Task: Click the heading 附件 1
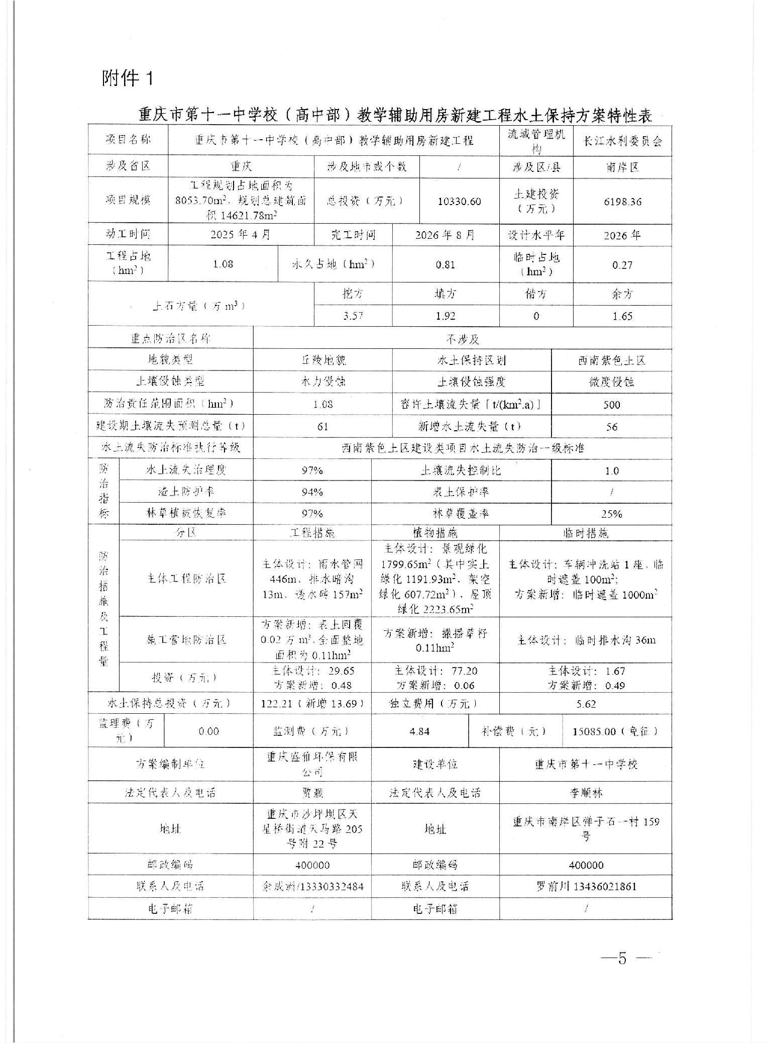click(127, 78)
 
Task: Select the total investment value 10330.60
click(459, 202)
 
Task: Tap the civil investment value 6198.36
click(622, 202)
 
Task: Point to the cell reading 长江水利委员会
click(622, 141)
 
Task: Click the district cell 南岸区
click(622, 167)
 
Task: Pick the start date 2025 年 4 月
click(241, 235)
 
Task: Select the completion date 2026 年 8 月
click(445, 235)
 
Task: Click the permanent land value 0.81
click(446, 265)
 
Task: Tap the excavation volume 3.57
click(353, 316)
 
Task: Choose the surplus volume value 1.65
click(622, 316)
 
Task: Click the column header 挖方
click(353, 294)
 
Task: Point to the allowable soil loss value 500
click(611, 405)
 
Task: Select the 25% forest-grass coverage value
click(611, 514)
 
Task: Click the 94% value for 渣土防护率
click(312, 492)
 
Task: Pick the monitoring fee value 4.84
click(419, 731)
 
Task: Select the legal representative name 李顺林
click(586, 793)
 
